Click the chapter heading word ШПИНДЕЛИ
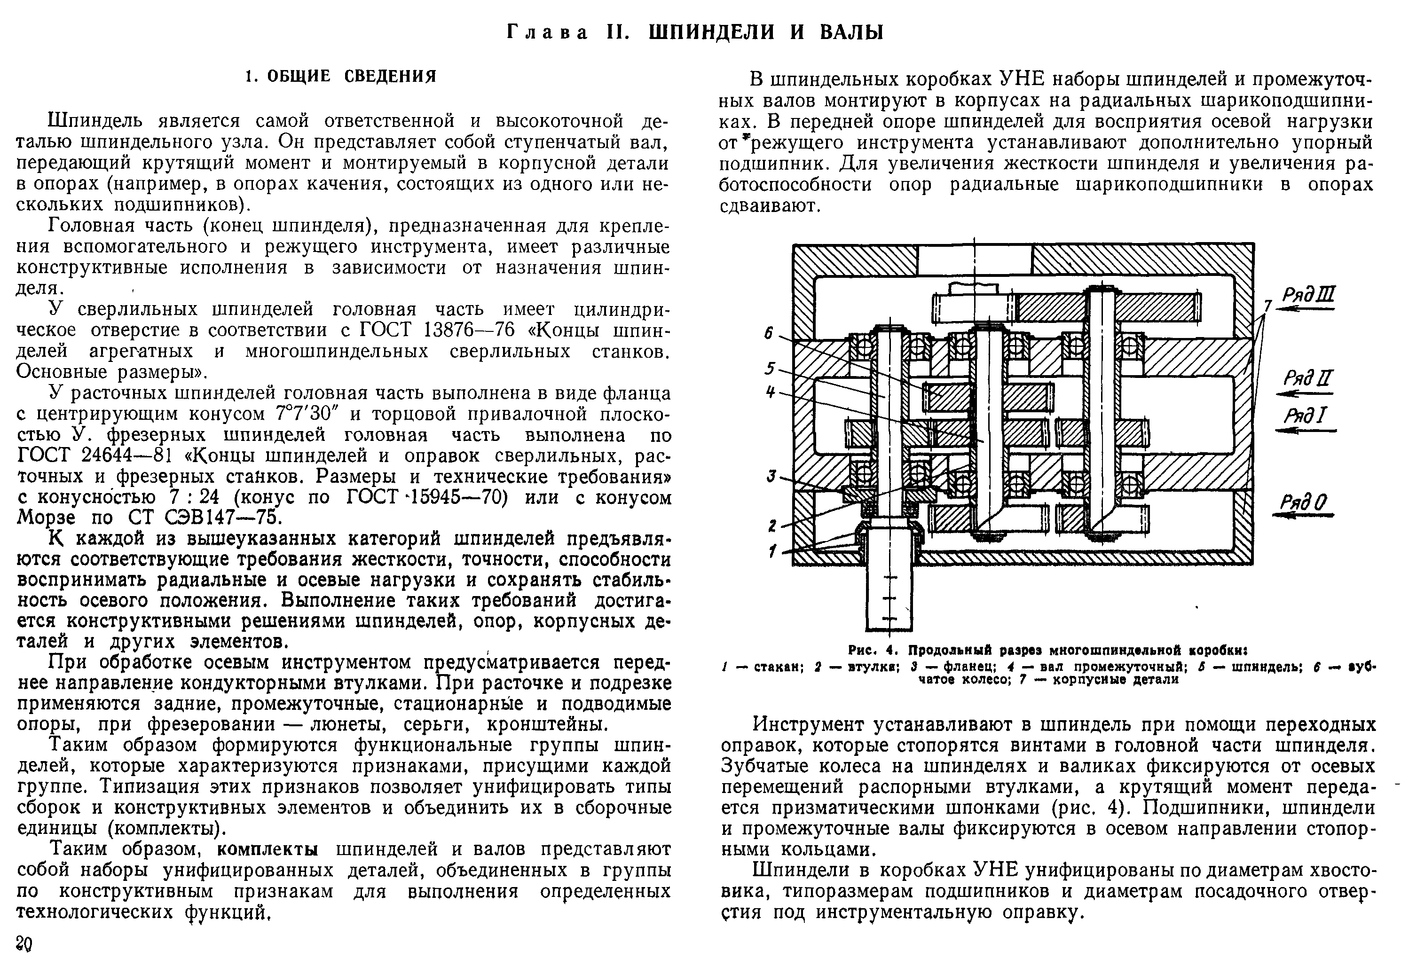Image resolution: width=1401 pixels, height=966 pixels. (x=712, y=32)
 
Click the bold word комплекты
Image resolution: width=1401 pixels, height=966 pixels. (x=268, y=850)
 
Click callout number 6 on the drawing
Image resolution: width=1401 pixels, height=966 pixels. (x=769, y=333)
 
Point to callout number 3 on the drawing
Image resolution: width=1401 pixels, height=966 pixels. (x=771, y=476)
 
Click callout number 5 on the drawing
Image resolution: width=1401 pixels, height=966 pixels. (x=769, y=368)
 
